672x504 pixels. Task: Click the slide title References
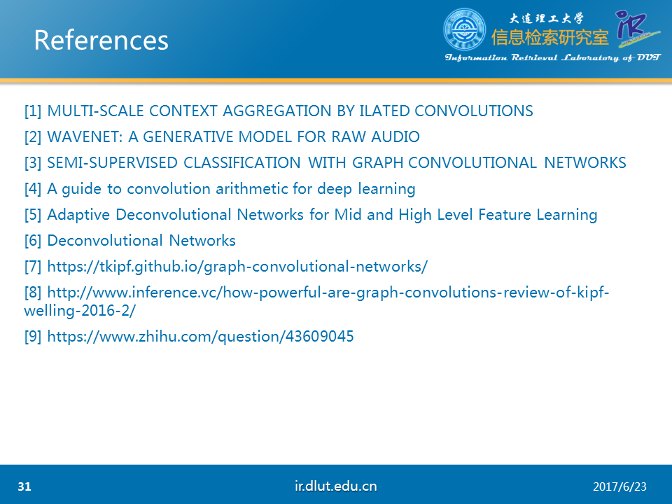pyautogui.click(x=101, y=41)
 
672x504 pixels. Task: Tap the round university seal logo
pyautogui.click(x=465, y=29)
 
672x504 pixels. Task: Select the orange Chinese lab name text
pyautogui.click(x=550, y=38)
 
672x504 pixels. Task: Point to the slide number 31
pyautogui.click(x=24, y=486)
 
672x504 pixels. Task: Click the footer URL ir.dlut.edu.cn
pyautogui.click(x=335, y=486)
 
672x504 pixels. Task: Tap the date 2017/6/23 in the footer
pyautogui.click(x=619, y=487)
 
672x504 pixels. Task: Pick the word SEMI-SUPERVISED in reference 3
pyautogui.click(x=112, y=163)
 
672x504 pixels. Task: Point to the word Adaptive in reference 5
pyautogui.click(x=78, y=215)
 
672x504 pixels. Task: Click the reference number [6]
pyautogui.click(x=33, y=240)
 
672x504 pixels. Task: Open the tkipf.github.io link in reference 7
pyautogui.click(x=237, y=267)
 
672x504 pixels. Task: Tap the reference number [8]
pyautogui.click(x=33, y=293)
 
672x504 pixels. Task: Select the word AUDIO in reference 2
pyautogui.click(x=395, y=136)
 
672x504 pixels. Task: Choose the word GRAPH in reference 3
pyautogui.click(x=377, y=163)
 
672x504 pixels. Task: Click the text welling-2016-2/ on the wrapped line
pyautogui.click(x=80, y=311)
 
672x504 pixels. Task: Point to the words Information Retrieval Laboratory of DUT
pyautogui.click(x=553, y=57)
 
